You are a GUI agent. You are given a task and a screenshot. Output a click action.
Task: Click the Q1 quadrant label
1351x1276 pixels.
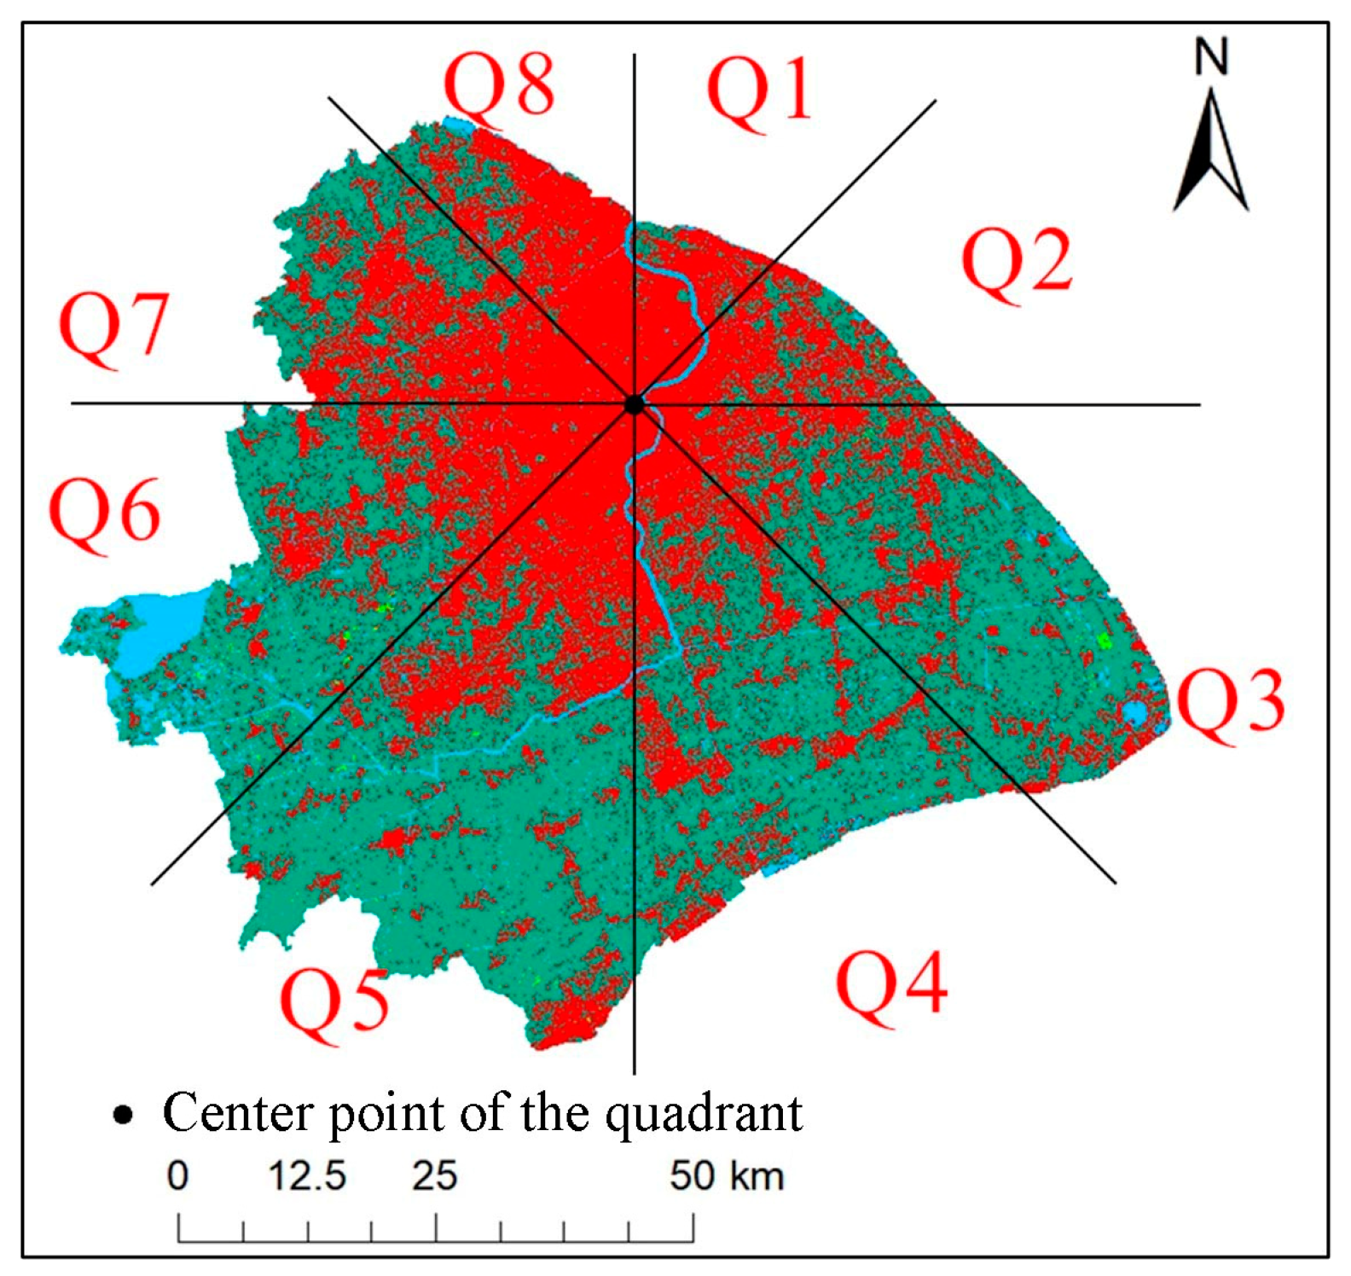pyautogui.click(x=759, y=90)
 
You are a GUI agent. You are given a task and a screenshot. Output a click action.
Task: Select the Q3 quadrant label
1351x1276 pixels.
pyautogui.click(x=1230, y=703)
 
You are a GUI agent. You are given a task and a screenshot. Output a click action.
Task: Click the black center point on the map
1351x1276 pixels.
pyautogui.click(x=634, y=404)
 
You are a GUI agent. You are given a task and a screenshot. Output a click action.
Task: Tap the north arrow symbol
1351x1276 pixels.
pyautogui.click(x=1210, y=154)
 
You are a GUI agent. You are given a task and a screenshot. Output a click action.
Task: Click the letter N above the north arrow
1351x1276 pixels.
pyautogui.click(x=1210, y=57)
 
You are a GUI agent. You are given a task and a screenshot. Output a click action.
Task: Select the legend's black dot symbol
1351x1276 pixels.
pyautogui.click(x=124, y=1114)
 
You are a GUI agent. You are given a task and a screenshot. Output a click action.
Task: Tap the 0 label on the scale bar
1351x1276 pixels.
pyautogui.click(x=177, y=1175)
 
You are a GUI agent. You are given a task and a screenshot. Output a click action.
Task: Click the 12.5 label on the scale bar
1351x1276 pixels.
pyautogui.click(x=307, y=1175)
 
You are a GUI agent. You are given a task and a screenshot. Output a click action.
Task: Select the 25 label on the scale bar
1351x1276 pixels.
pyautogui.click(x=435, y=1175)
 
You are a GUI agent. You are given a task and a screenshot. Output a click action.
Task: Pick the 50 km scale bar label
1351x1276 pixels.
pyautogui.click(x=726, y=1175)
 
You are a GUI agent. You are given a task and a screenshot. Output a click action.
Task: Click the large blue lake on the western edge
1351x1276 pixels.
pyautogui.click(x=158, y=631)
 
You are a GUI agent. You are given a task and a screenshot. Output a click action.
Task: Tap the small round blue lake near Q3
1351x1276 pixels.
pyautogui.click(x=1134, y=713)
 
